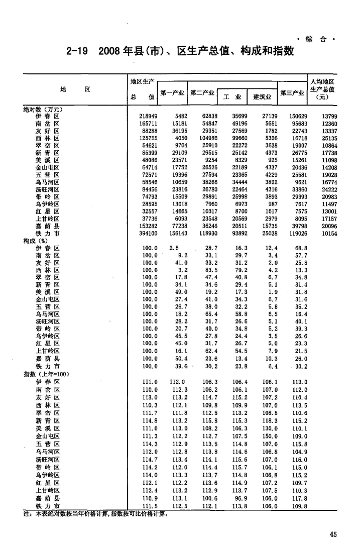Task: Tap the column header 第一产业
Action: tap(172, 93)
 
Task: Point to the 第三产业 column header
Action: tap(292, 93)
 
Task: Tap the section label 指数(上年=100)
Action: tap(46, 374)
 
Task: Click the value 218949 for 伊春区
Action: tap(148, 116)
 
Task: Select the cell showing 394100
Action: tap(148, 234)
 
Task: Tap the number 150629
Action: tap(297, 116)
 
